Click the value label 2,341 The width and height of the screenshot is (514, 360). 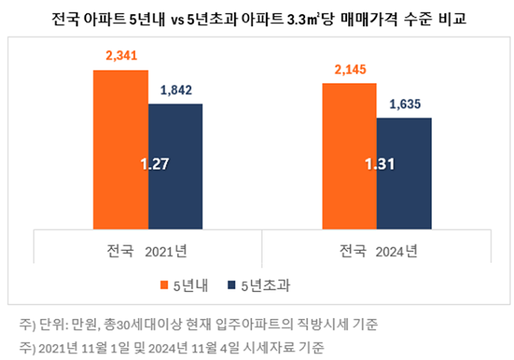click(121, 58)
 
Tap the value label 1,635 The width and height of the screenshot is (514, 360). click(404, 104)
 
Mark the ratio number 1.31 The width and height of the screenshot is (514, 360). click(379, 164)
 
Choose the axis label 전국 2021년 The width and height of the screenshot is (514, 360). click(147, 252)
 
